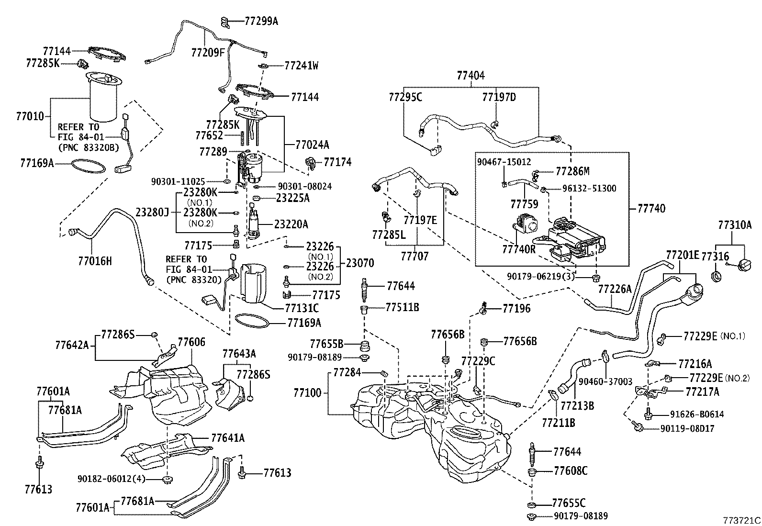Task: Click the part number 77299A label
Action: click(261, 21)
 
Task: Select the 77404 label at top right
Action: click(470, 75)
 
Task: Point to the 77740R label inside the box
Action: click(519, 249)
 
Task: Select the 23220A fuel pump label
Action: click(291, 224)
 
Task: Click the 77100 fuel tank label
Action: click(307, 393)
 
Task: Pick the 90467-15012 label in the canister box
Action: click(504, 162)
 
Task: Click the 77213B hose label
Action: click(577, 406)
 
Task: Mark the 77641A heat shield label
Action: click(228, 437)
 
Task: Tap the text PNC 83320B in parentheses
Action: click(88, 147)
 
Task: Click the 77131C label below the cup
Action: click(302, 309)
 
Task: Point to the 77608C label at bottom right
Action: click(570, 471)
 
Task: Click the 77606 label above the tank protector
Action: click(191, 342)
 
